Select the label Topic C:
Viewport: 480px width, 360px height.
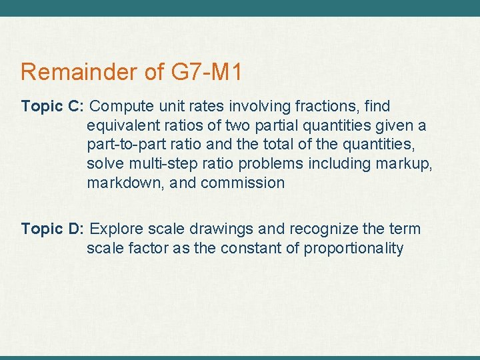52,107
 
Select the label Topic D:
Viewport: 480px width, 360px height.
52,229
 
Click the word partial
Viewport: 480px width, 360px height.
263,126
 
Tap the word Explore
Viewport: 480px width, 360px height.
115,229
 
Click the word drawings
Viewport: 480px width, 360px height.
223,229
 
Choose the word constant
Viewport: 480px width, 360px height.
243,249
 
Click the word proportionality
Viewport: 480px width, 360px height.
353,249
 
